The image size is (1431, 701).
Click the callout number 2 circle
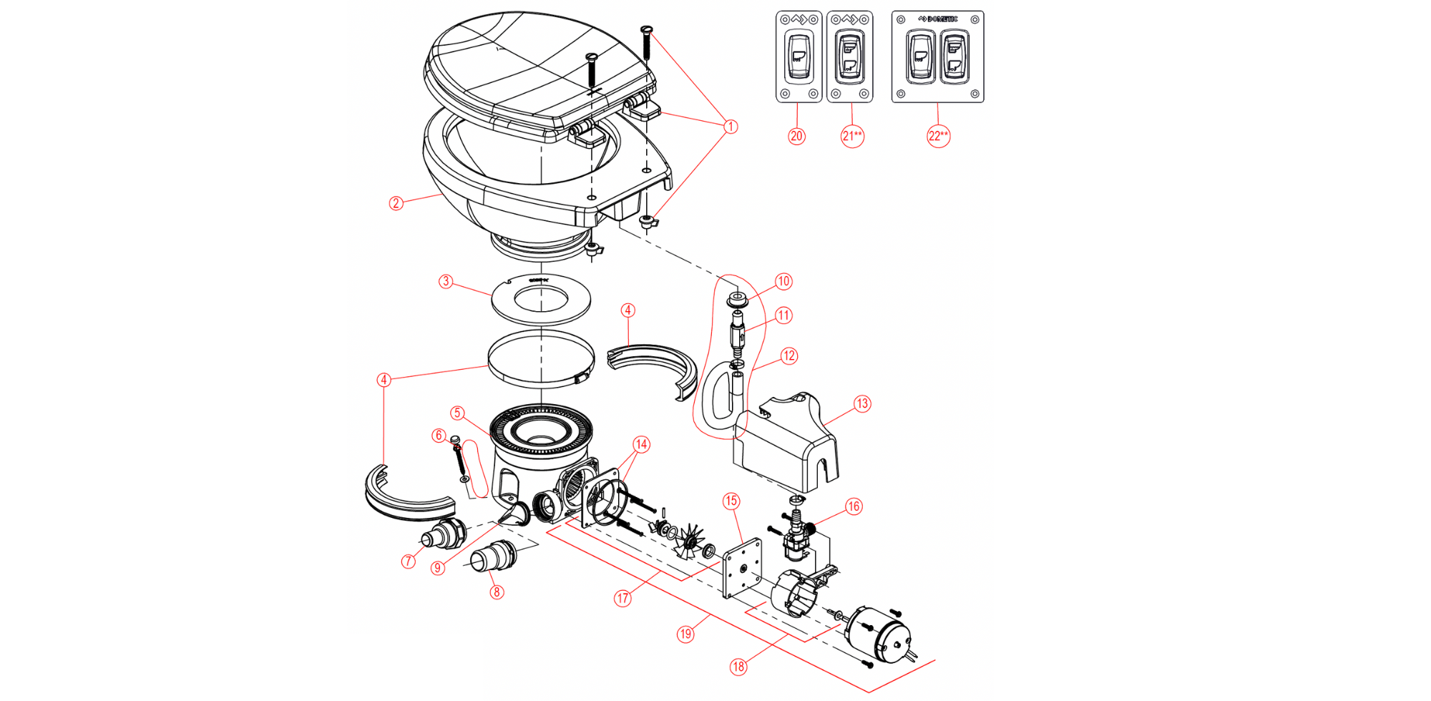click(396, 203)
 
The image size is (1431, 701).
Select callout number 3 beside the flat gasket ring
click(446, 281)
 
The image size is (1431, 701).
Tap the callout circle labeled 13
click(862, 403)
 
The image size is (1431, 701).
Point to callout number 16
click(854, 506)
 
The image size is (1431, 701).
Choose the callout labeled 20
click(796, 136)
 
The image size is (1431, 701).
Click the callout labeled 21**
click(852, 136)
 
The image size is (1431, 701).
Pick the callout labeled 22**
click(938, 136)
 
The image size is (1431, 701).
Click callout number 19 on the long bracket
click(685, 634)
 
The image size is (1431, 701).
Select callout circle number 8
click(497, 592)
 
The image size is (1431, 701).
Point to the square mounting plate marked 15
click(742, 569)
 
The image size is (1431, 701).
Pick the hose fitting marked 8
click(491, 557)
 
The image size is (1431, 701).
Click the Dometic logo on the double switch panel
click(938, 19)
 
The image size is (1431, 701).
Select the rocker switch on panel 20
click(798, 54)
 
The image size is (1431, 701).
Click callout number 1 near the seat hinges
click(731, 127)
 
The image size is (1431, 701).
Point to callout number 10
click(783, 281)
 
